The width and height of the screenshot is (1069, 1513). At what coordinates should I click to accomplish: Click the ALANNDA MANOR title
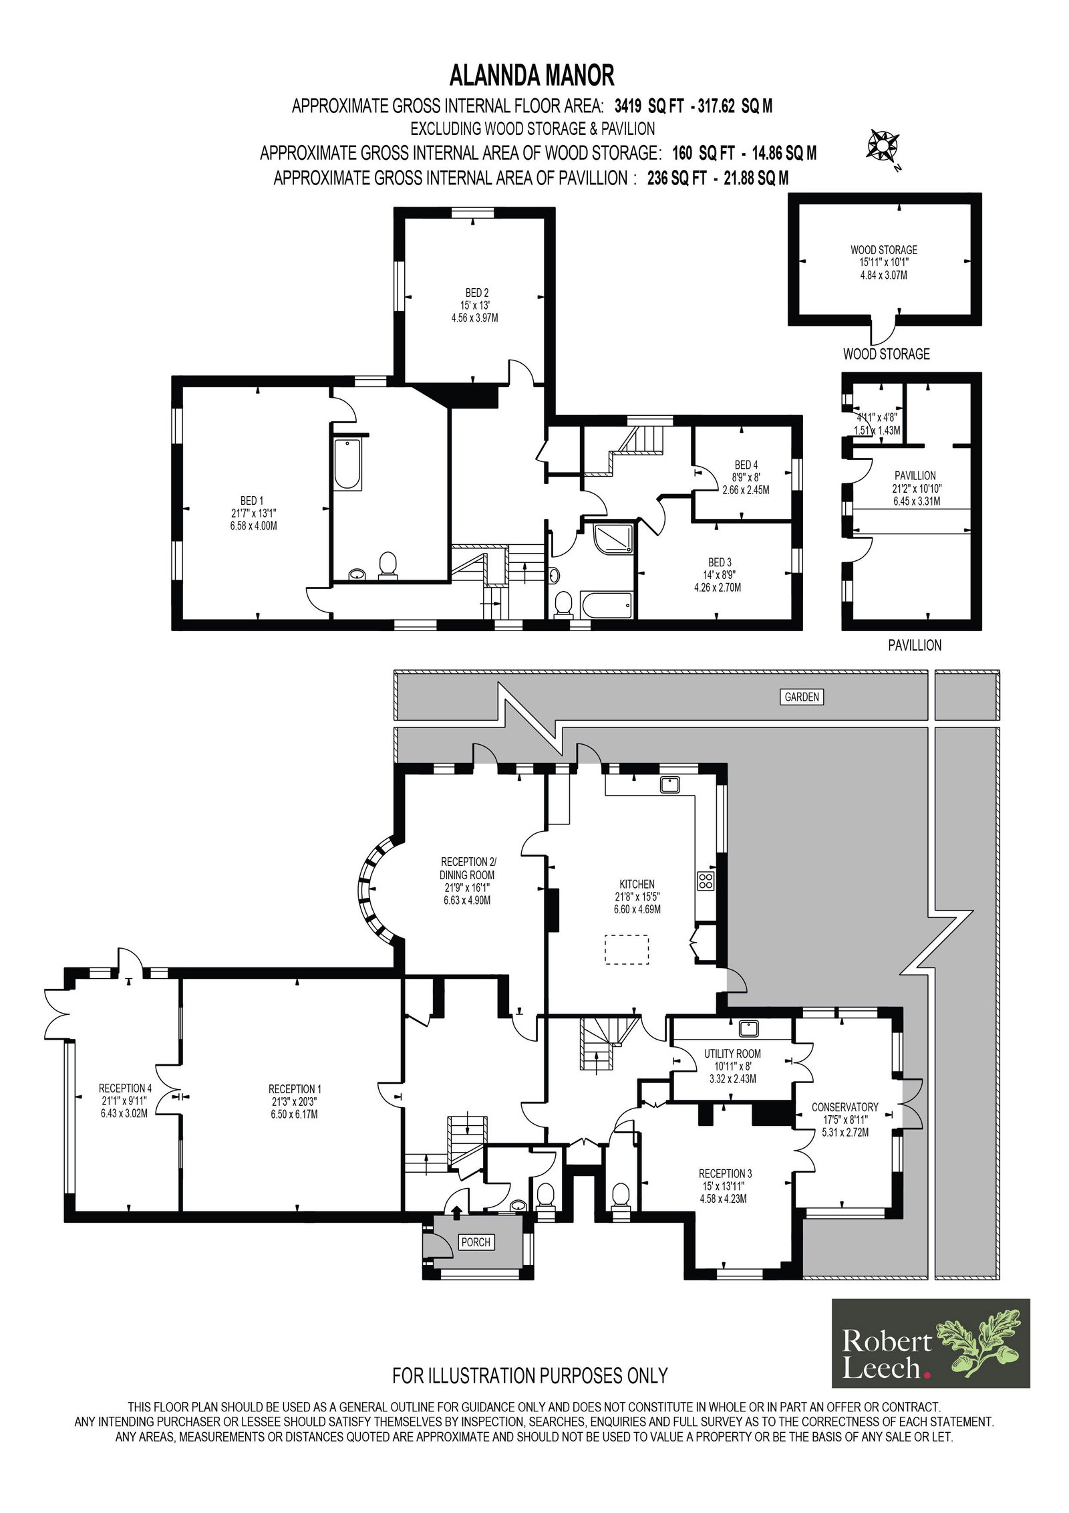(531, 75)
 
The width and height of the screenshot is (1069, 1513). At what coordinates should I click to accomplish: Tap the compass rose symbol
(883, 146)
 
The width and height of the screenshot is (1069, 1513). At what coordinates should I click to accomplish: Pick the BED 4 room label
(746, 465)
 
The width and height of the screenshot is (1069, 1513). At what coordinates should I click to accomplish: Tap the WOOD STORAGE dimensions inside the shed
(883, 268)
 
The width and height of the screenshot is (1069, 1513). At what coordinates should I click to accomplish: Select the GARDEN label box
(801, 697)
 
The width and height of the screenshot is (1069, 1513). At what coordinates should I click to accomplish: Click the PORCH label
(476, 1242)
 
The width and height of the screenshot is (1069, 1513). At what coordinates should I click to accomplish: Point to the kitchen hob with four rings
(706, 881)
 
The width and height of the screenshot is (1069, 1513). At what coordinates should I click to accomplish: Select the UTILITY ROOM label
(732, 1053)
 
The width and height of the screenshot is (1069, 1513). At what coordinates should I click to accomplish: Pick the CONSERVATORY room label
(845, 1107)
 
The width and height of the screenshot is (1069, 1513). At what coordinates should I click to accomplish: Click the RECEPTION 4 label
(125, 1088)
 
